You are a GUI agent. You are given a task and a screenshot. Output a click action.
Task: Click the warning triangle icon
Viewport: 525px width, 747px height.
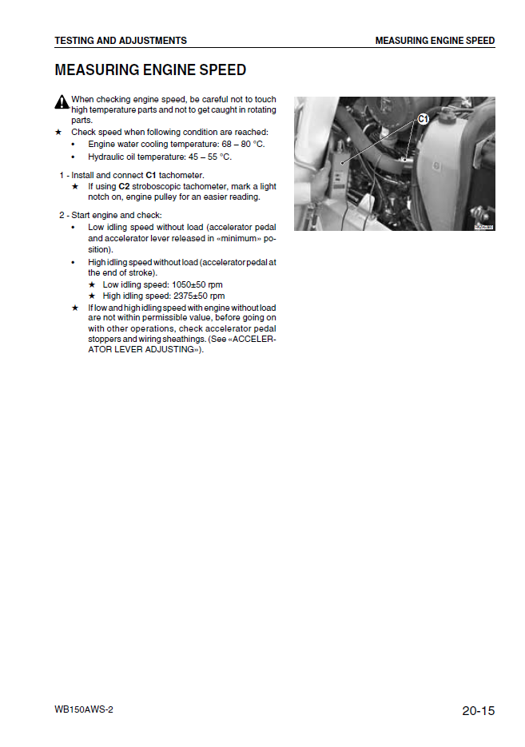pos(62,101)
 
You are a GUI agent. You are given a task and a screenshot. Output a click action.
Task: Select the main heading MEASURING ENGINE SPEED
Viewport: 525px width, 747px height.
pos(150,70)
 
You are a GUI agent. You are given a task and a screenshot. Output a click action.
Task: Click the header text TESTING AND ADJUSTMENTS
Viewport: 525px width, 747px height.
pos(121,41)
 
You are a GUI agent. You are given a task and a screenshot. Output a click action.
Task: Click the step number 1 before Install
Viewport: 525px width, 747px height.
pos(62,175)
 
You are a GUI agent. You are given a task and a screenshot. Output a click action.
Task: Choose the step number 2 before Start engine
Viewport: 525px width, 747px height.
pos(62,215)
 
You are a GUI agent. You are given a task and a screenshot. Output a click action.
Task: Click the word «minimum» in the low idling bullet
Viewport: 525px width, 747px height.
pos(232,238)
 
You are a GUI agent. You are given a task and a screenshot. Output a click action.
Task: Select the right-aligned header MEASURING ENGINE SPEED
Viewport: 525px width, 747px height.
pos(435,41)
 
